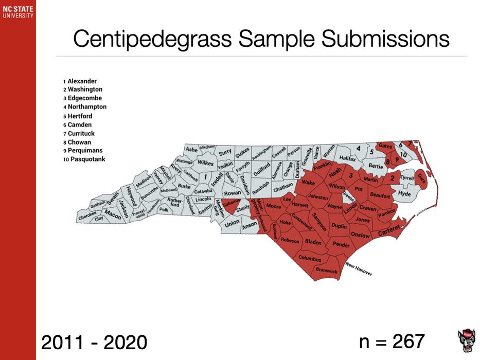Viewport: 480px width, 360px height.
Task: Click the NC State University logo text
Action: pos(17,12)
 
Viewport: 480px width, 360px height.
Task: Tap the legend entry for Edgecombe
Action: pos(84,98)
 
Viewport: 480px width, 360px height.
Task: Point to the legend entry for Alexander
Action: pos(81,81)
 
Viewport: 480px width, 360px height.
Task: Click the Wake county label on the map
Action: pos(309,183)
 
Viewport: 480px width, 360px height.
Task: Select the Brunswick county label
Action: pos(327,269)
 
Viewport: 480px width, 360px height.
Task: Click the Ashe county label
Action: pos(191,150)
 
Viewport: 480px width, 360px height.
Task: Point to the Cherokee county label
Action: pos(87,217)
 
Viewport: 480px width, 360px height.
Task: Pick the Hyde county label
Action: pos(404,194)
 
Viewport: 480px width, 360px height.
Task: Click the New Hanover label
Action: pos(359,269)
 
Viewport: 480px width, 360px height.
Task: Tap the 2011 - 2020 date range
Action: pos(94,341)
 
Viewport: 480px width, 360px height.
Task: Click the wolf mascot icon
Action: pos(466,340)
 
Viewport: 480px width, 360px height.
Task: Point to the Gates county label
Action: pos(385,146)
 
